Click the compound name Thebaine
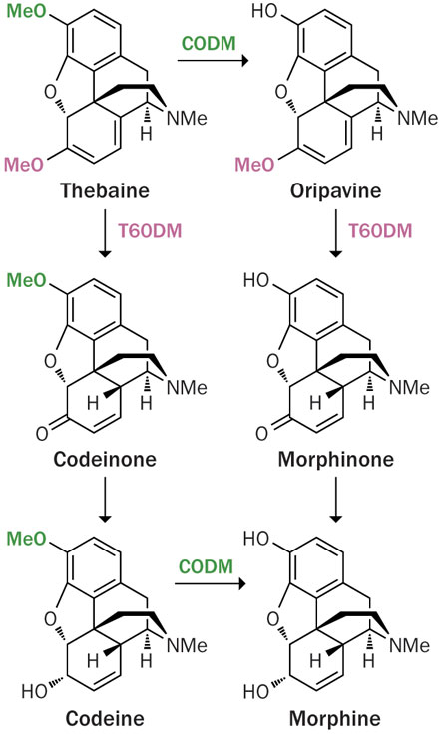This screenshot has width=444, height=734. tap(105, 191)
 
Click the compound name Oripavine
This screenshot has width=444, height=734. tap(335, 191)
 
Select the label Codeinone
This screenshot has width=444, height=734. tap(105, 459)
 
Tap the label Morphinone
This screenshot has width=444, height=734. tap(336, 459)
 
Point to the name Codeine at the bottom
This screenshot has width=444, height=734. tap(105, 718)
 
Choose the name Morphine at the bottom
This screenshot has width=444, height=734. tap(335, 718)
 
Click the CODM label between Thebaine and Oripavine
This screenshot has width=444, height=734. tap(209, 44)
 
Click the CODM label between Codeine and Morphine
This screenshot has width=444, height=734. tap(207, 567)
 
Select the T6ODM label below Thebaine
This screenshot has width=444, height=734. tap(150, 231)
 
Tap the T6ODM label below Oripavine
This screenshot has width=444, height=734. tap(380, 231)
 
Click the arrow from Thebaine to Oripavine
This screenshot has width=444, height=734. tap(213, 61)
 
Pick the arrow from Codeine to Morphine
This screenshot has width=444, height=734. tap(211, 583)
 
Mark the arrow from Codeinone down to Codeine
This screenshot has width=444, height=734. tap(105, 500)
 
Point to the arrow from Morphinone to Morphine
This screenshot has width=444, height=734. tap(336, 500)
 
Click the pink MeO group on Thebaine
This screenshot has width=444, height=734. tap(24, 165)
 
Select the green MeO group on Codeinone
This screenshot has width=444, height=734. tap(27, 280)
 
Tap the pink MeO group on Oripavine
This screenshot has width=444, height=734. tap(254, 165)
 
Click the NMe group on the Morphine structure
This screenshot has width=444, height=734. tap(410, 646)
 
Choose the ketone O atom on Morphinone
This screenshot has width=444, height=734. tap(261, 434)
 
